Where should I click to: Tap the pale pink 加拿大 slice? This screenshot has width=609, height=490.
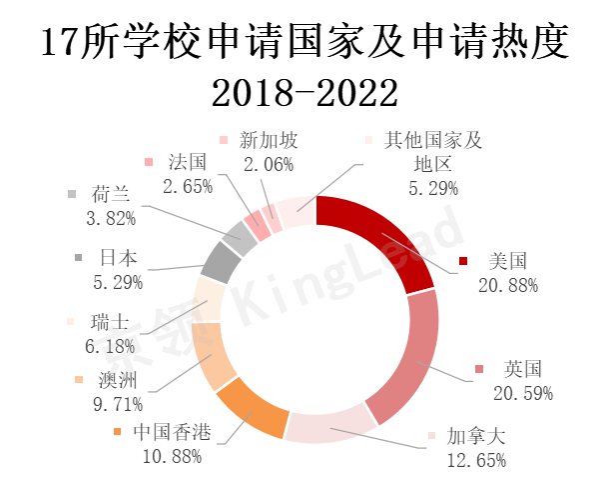tap(329, 426)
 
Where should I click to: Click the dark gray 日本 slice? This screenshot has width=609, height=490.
tap(221, 262)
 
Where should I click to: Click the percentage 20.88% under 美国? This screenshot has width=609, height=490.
tap(508, 285)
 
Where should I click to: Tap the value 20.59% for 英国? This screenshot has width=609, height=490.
tap(522, 392)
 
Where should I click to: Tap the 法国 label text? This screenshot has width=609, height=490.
tap(186, 162)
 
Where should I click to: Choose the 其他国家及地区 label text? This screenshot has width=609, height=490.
tap(434, 152)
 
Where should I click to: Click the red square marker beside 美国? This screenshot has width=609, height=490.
tap(464, 262)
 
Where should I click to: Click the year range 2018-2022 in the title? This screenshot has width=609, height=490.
tap(304, 93)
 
